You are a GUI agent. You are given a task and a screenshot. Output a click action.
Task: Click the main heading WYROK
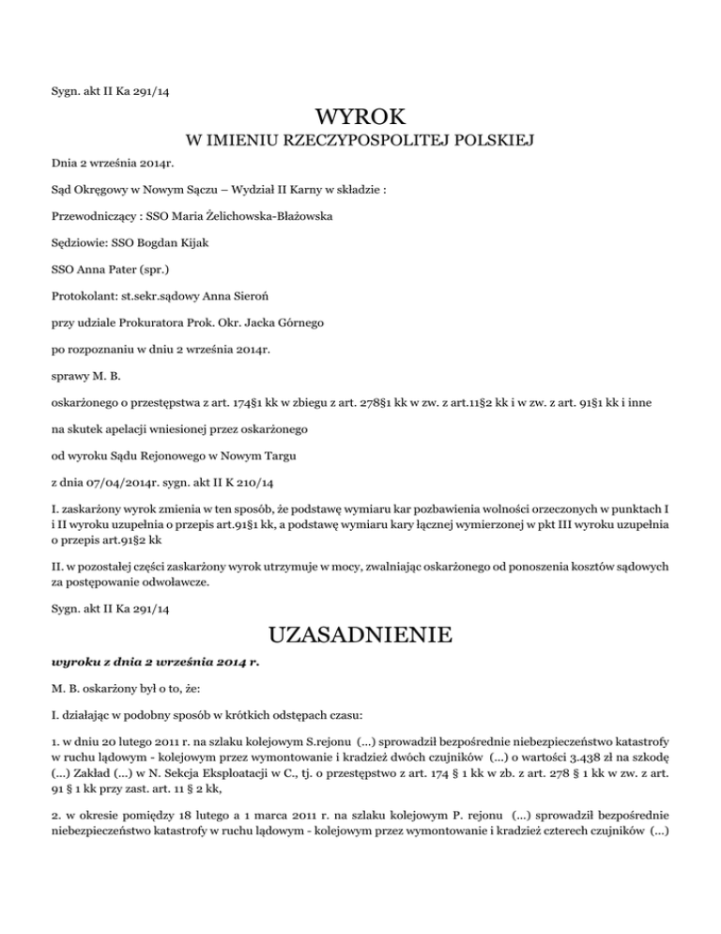tap(360, 117)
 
